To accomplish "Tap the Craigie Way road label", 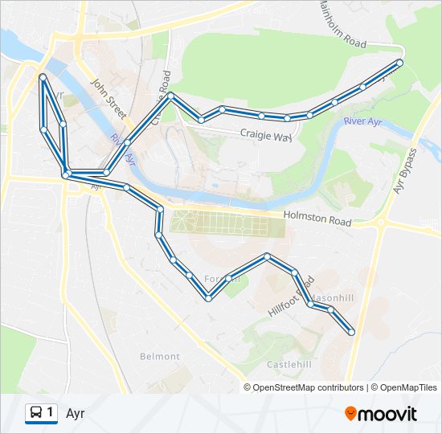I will click(x=265, y=136).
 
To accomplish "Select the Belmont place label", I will click(x=160, y=356).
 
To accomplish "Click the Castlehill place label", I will click(x=289, y=364).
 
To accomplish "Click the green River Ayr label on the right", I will click(x=361, y=121).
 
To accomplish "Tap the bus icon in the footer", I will click(x=37, y=413).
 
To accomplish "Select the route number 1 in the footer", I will click(x=51, y=413).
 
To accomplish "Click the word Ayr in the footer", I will click(x=76, y=414).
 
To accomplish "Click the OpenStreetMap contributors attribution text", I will click(x=308, y=387).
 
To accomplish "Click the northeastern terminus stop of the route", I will click(x=399, y=62).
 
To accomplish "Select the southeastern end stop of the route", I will click(x=351, y=331).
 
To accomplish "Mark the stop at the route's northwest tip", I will click(x=43, y=77).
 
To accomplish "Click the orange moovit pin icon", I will click(x=350, y=413).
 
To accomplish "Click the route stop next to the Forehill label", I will click(x=229, y=279).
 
